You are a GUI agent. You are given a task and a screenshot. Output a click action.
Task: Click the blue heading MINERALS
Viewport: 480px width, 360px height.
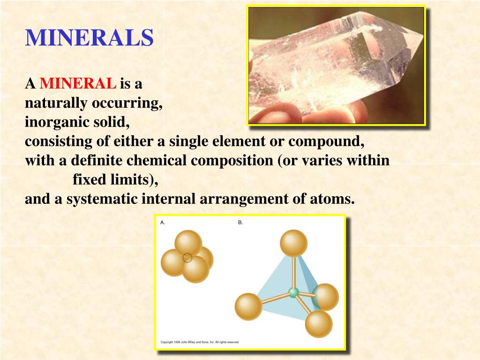coord(89,38)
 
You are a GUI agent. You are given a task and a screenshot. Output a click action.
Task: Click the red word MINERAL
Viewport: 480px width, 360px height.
coord(78,84)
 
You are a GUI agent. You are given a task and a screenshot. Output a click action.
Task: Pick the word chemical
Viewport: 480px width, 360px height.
coord(158,161)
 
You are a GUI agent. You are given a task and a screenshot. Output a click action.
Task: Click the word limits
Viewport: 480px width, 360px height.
coord(132,180)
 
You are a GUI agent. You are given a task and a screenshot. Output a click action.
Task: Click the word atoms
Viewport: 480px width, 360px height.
coord(331,199)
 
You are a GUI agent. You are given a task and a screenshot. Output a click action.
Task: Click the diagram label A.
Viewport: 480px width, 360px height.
coord(163,223)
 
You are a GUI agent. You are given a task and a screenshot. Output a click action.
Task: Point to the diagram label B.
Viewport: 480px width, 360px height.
coord(240,223)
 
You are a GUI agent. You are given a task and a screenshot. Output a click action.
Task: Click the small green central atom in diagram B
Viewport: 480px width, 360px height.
coord(294,292)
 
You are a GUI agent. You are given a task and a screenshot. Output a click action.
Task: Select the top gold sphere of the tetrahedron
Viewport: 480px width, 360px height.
coord(293,243)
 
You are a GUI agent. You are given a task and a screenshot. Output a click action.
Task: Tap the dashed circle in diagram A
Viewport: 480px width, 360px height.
coord(187,257)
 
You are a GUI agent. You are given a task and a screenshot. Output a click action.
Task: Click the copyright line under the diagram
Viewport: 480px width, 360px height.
coord(200,342)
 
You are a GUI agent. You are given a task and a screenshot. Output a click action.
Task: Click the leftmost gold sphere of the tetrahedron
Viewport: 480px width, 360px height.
coord(248,307)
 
